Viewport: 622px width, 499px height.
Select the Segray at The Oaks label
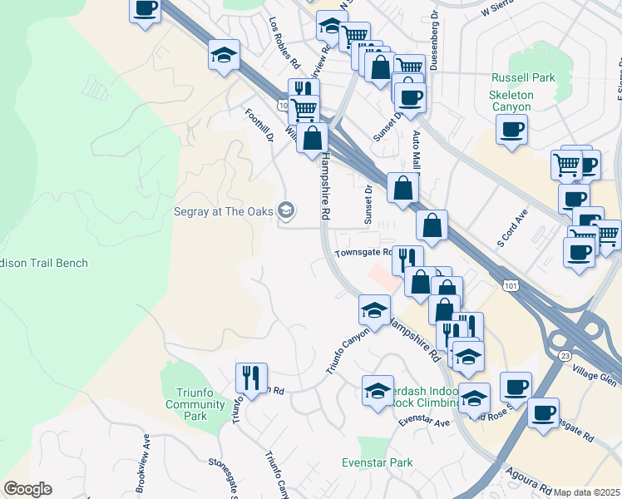[224, 211]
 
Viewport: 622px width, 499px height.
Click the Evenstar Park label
[378, 462]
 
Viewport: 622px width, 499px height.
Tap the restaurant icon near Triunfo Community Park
[249, 378]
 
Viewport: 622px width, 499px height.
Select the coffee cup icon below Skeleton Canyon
[511, 129]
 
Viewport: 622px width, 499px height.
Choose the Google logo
[27, 489]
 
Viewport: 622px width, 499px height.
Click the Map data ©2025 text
[587, 492]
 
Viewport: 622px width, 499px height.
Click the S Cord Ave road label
[512, 227]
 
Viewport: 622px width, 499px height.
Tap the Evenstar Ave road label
[423, 422]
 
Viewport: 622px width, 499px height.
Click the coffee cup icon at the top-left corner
[146, 9]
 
